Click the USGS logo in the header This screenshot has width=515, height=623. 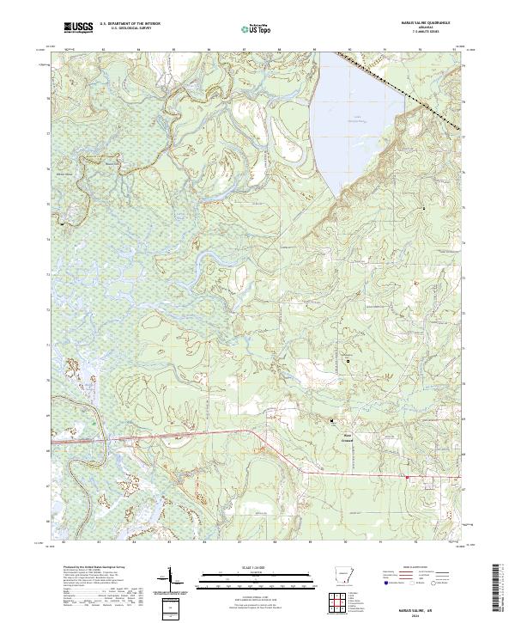pos(78,28)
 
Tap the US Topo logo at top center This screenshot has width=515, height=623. pos(257,29)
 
